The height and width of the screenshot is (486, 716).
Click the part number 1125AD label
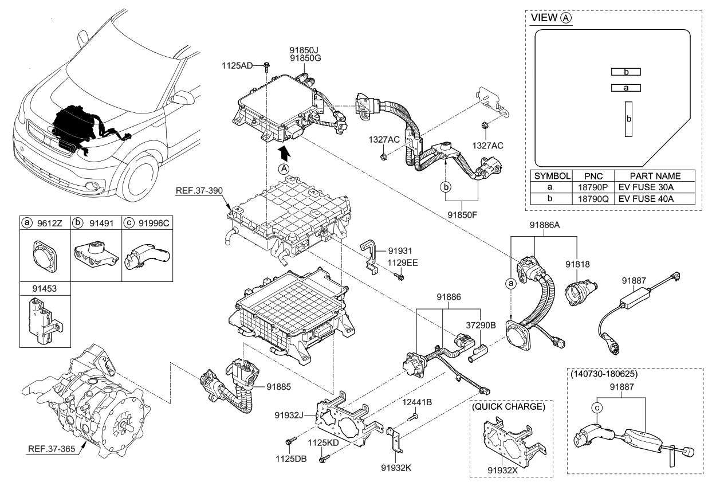237,66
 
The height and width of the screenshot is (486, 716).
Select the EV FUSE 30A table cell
646,187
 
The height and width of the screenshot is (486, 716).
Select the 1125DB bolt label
292,459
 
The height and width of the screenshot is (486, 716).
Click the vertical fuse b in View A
628,119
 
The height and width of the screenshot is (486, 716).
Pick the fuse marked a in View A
626,88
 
